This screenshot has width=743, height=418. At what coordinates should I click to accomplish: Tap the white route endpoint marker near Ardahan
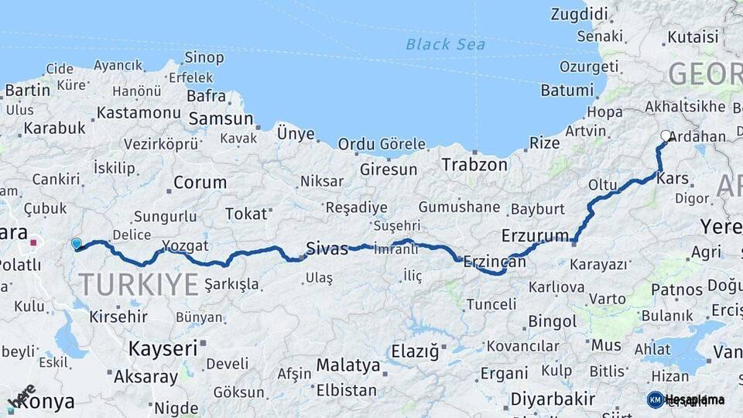tap(666, 136)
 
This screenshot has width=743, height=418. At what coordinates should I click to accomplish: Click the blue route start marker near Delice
tap(76, 244)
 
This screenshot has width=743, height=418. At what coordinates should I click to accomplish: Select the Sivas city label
tap(327, 248)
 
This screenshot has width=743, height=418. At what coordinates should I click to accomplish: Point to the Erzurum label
tap(535, 235)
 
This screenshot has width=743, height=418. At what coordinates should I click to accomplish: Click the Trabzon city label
tap(474, 164)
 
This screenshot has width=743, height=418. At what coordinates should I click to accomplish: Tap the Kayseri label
tap(163, 348)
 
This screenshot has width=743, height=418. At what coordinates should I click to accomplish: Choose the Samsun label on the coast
tap(221, 118)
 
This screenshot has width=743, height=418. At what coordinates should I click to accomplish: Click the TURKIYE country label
tap(139, 285)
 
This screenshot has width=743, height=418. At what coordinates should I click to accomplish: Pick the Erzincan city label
tap(495, 262)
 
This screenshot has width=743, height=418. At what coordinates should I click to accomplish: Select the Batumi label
tap(567, 90)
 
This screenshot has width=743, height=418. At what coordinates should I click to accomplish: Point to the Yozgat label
tap(186, 246)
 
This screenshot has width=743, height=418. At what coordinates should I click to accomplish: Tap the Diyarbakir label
tap(553, 399)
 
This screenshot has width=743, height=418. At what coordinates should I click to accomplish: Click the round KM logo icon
tap(656, 399)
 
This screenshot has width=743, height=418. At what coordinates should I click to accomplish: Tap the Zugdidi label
tap(579, 13)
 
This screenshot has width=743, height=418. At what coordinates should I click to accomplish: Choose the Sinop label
tap(204, 57)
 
